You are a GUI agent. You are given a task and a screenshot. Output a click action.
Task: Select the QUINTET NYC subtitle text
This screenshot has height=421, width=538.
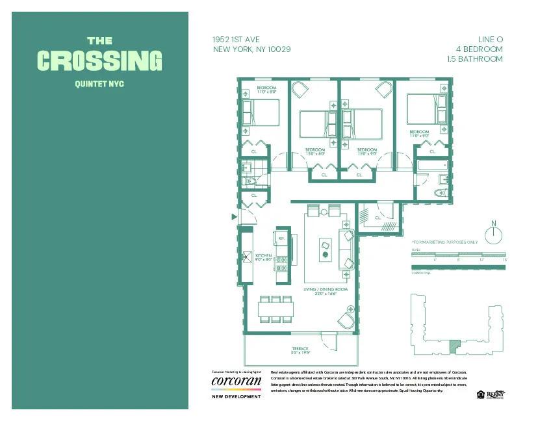pos(99,83)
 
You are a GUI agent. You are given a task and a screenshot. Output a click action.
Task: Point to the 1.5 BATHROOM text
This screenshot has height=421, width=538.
pos(474,58)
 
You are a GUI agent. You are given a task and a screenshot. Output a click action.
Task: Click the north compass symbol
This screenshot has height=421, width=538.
pos(494,234)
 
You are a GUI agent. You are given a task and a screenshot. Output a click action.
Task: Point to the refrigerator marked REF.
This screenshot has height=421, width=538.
pos(281,239)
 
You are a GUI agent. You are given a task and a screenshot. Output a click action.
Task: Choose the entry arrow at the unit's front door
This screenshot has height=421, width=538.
pos(234,218)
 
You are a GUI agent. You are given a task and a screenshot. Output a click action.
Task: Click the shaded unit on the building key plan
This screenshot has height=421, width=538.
pos(455,342)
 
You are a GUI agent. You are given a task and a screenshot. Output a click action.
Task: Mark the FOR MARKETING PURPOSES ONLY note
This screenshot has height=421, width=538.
pos(444,242)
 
